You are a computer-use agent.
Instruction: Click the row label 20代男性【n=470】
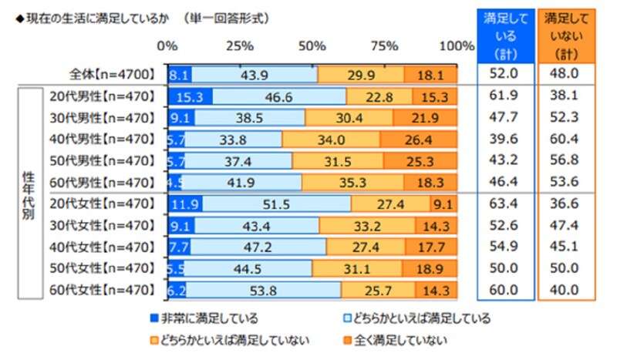[x=104, y=97]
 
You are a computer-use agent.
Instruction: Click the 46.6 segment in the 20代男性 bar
[x=279, y=97]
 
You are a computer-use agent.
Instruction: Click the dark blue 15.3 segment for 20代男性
[x=190, y=97]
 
